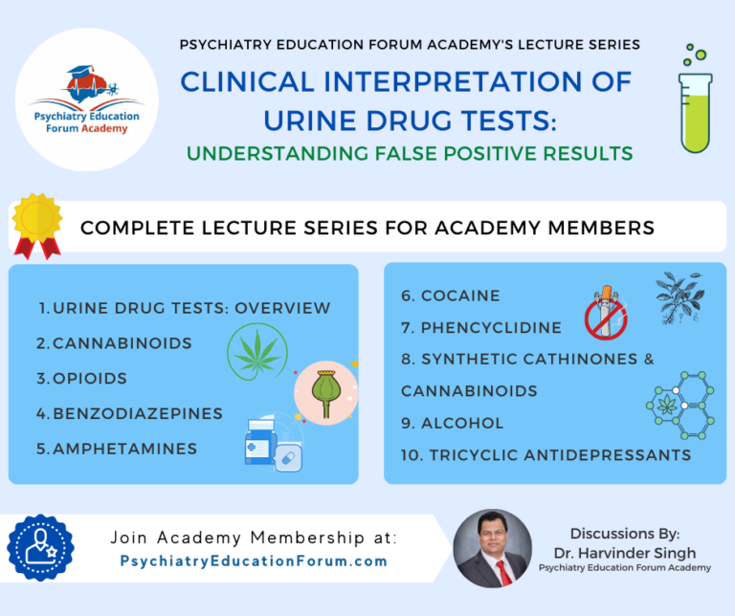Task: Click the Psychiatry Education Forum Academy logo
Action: (87, 99)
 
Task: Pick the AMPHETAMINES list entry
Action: (117, 448)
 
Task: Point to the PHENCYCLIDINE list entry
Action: (480, 327)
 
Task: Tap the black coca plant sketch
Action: (680, 298)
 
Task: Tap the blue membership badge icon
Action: (40, 548)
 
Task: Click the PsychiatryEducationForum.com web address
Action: (254, 561)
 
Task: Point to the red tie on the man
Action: (501, 571)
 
